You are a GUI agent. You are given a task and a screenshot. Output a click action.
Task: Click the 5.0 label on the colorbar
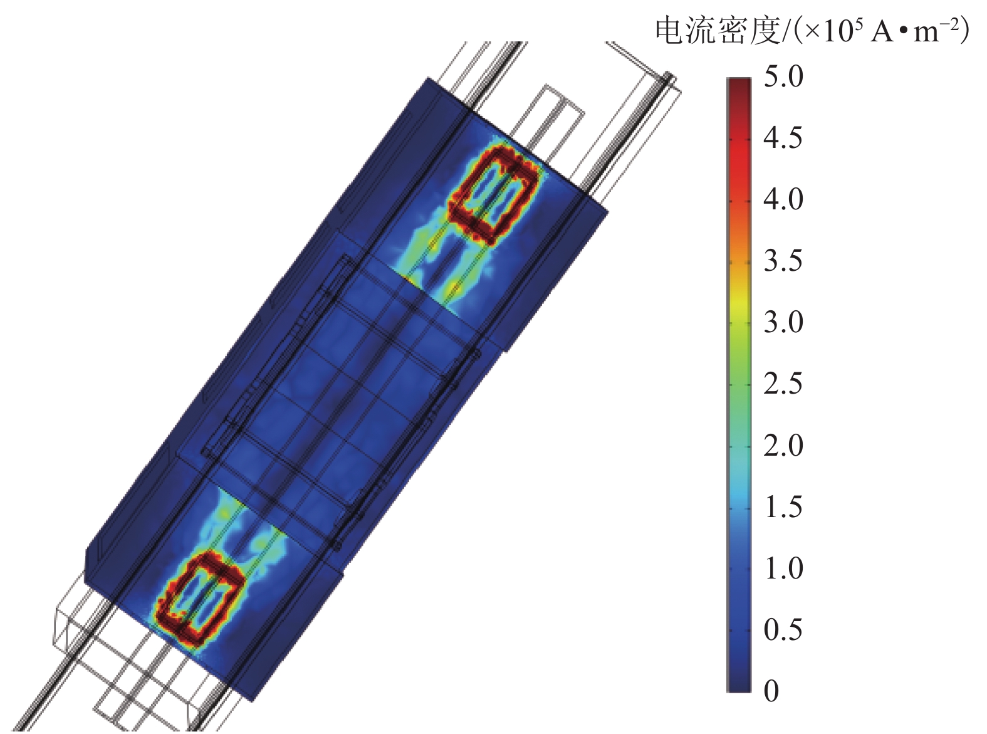tap(783, 76)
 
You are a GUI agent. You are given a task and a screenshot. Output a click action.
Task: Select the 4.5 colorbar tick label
tap(783, 137)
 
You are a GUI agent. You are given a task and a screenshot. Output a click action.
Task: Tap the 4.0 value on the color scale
tap(783, 199)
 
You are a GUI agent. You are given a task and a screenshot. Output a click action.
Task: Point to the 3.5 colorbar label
tap(783, 260)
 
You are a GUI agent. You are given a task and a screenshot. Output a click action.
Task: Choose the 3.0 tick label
tap(783, 322)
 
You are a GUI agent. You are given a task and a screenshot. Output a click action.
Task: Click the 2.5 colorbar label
tap(783, 383)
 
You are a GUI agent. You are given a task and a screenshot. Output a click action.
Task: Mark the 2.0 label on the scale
tap(783, 444)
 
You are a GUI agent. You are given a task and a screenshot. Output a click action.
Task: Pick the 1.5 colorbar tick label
tap(783, 506)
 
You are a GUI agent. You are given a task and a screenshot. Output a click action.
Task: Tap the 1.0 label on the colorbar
tap(783, 567)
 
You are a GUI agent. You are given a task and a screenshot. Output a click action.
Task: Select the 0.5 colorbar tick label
tap(783, 629)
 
